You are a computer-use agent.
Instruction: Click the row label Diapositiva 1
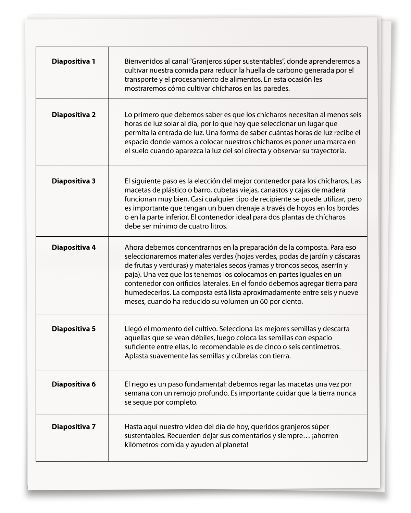[x=74, y=62]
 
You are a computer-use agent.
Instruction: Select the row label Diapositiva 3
[x=74, y=181]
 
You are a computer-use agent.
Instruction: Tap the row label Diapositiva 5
[x=74, y=329]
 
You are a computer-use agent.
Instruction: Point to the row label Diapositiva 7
[x=74, y=427]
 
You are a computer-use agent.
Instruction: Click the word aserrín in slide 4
[x=332, y=265]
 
